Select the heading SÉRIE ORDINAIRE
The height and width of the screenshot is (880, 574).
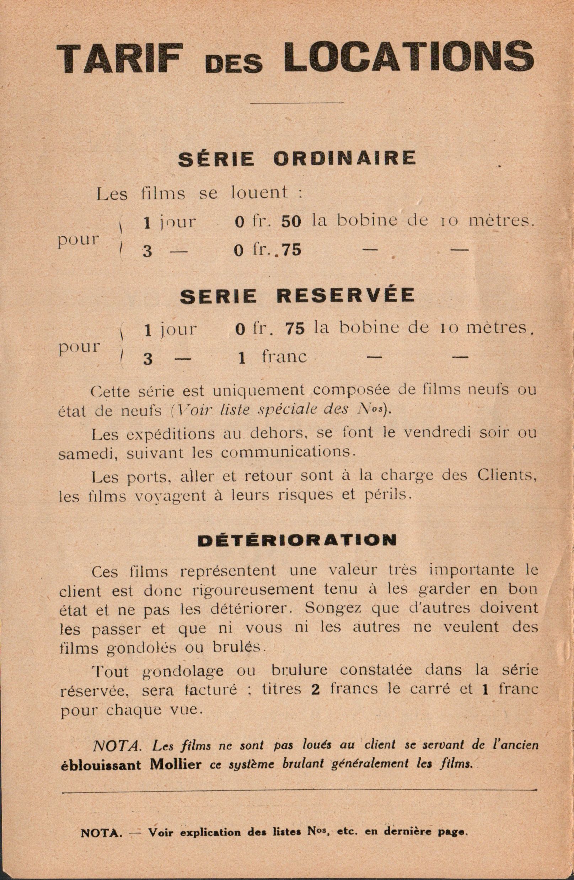297,158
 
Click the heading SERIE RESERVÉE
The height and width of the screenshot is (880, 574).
297,296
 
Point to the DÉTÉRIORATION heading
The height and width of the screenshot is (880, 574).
297,540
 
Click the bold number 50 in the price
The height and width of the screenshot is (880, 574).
291,222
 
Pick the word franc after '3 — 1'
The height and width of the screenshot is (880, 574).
284,357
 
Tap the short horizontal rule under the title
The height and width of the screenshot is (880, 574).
297,102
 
